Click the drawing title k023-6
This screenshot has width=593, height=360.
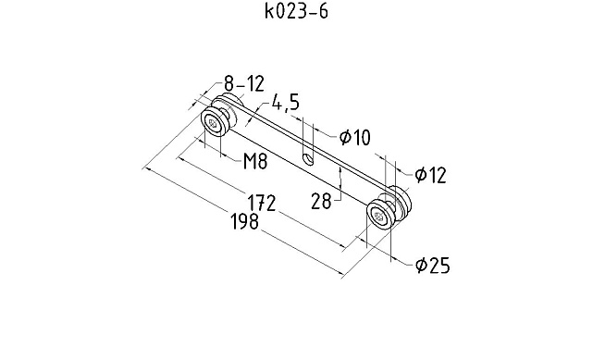296,11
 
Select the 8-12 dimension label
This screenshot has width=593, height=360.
243,83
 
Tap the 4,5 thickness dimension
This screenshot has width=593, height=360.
285,103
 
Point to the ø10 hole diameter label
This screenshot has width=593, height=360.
354,137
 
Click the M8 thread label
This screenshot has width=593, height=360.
255,161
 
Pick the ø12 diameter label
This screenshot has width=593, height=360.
430,175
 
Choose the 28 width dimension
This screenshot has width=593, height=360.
321,201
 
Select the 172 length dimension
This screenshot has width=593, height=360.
261,203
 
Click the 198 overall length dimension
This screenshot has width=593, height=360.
244,221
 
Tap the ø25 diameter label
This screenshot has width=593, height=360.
433,265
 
